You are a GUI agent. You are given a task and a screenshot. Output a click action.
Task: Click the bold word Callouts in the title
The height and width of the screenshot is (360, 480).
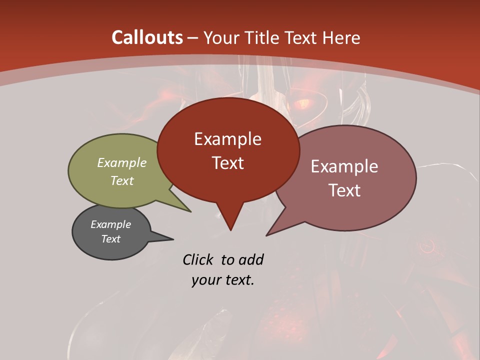[147, 37]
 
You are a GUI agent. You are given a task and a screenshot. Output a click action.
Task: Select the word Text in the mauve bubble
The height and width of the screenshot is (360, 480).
[344, 190]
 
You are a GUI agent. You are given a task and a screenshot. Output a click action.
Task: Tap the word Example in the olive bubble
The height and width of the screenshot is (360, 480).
[122, 162]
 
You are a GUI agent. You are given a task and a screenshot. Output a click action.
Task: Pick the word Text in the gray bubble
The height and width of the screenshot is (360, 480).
[111, 239]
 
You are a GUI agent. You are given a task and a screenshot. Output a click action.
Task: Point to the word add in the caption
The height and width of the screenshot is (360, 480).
[251, 259]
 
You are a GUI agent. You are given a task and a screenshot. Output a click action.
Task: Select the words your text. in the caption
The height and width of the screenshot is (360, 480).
[223, 280]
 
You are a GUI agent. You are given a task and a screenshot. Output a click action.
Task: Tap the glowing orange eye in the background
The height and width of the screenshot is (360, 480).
[303, 104]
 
